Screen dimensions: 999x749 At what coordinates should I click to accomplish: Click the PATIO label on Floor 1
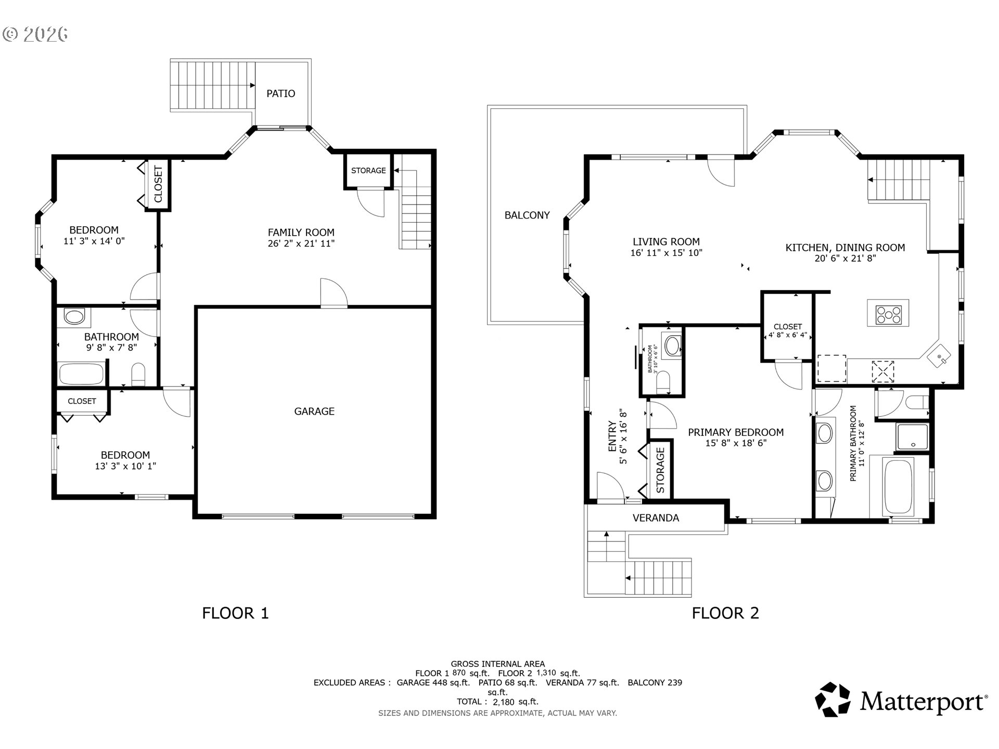point(280,94)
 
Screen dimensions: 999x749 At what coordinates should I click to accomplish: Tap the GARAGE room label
point(314,411)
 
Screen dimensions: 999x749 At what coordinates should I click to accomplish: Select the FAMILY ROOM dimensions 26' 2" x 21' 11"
point(301,243)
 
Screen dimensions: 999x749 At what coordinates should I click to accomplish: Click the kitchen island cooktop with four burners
point(888,314)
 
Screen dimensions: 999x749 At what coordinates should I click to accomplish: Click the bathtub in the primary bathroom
point(899,487)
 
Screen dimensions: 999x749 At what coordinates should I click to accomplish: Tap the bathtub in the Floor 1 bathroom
point(82,374)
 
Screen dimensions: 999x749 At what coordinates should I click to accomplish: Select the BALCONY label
point(527,215)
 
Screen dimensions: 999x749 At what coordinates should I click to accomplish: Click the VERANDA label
point(656,518)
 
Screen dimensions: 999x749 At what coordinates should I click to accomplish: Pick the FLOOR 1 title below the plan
point(235,613)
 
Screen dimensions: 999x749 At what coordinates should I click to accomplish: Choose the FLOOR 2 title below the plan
point(725,613)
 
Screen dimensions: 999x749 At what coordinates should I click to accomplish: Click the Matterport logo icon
point(832,700)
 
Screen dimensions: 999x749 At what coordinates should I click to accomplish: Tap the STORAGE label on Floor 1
point(368,171)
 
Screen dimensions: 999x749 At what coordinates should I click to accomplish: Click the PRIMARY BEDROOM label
point(736,432)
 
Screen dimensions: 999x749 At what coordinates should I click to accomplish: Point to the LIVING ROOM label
point(666,242)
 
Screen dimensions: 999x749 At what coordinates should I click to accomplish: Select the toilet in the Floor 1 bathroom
point(138,374)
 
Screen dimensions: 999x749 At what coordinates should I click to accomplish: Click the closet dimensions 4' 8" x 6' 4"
point(788,335)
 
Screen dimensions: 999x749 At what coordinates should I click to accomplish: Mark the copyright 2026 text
point(35,34)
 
